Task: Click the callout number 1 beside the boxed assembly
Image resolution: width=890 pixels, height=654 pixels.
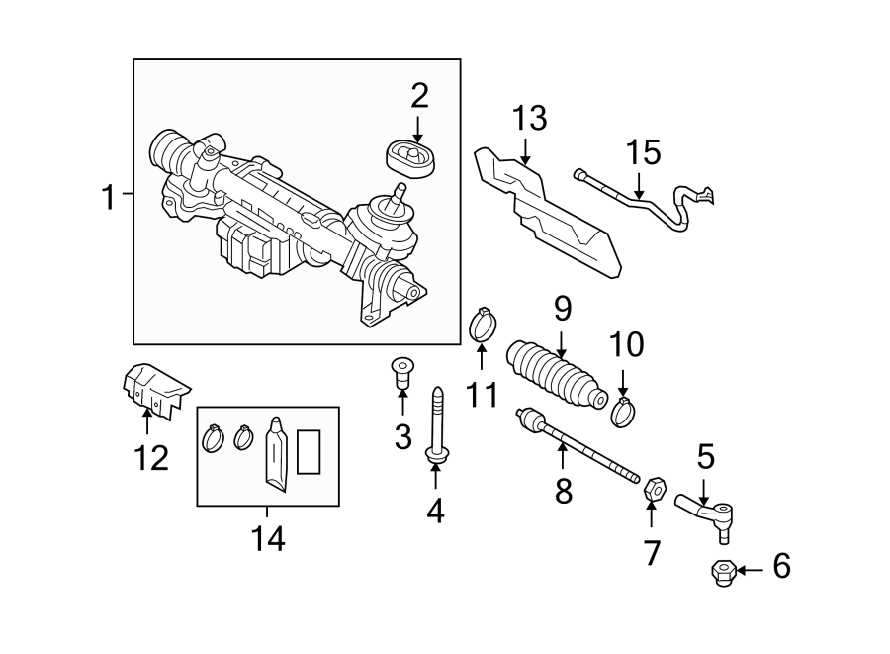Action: pos(108,197)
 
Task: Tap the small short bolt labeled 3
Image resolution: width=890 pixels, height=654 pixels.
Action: pos(400,373)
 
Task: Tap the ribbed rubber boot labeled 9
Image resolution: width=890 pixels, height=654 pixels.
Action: pos(556,375)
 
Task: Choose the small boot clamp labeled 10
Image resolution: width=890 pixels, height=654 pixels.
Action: pos(622,411)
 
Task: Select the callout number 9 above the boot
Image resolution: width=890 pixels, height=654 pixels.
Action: pos(562,309)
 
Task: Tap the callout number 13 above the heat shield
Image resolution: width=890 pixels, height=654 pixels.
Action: pos(529,118)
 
